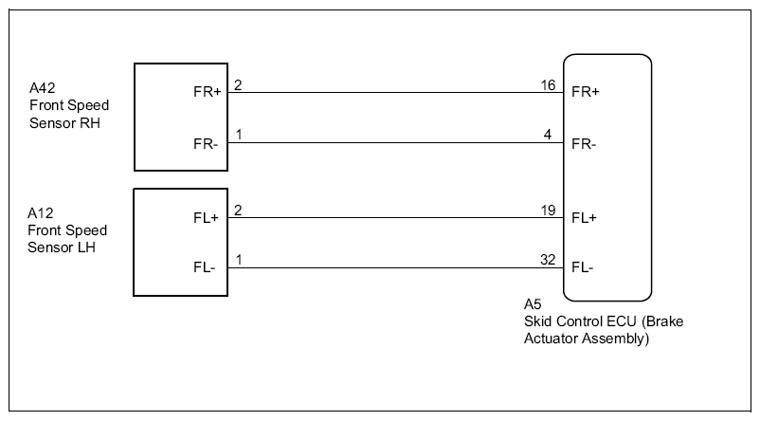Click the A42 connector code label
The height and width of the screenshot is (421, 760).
coord(42,88)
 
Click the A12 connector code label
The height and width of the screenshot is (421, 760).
coord(40,213)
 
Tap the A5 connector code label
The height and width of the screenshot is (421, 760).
coord(533,304)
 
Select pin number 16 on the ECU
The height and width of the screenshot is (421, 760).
coord(548,85)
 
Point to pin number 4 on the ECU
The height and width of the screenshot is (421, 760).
coord(548,135)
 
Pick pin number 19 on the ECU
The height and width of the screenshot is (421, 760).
coord(548,210)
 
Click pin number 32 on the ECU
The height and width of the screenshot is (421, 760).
coord(548,260)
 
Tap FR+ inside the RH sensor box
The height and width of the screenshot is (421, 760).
coord(207,92)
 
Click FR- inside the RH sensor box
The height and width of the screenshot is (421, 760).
coord(206,144)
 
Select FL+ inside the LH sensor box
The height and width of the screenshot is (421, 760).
coord(206,218)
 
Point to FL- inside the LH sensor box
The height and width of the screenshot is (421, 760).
coord(204,267)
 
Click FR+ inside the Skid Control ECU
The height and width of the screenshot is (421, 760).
coord(586,92)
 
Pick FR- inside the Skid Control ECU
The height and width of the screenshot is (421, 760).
coord(584,144)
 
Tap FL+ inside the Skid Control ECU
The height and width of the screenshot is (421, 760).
coord(584,218)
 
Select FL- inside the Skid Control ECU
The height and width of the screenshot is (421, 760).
coord(583,267)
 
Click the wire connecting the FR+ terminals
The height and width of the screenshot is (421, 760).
coord(395,92)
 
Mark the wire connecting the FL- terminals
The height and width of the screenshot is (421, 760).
coord(395,267)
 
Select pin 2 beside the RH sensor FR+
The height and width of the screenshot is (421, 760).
coord(238,85)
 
